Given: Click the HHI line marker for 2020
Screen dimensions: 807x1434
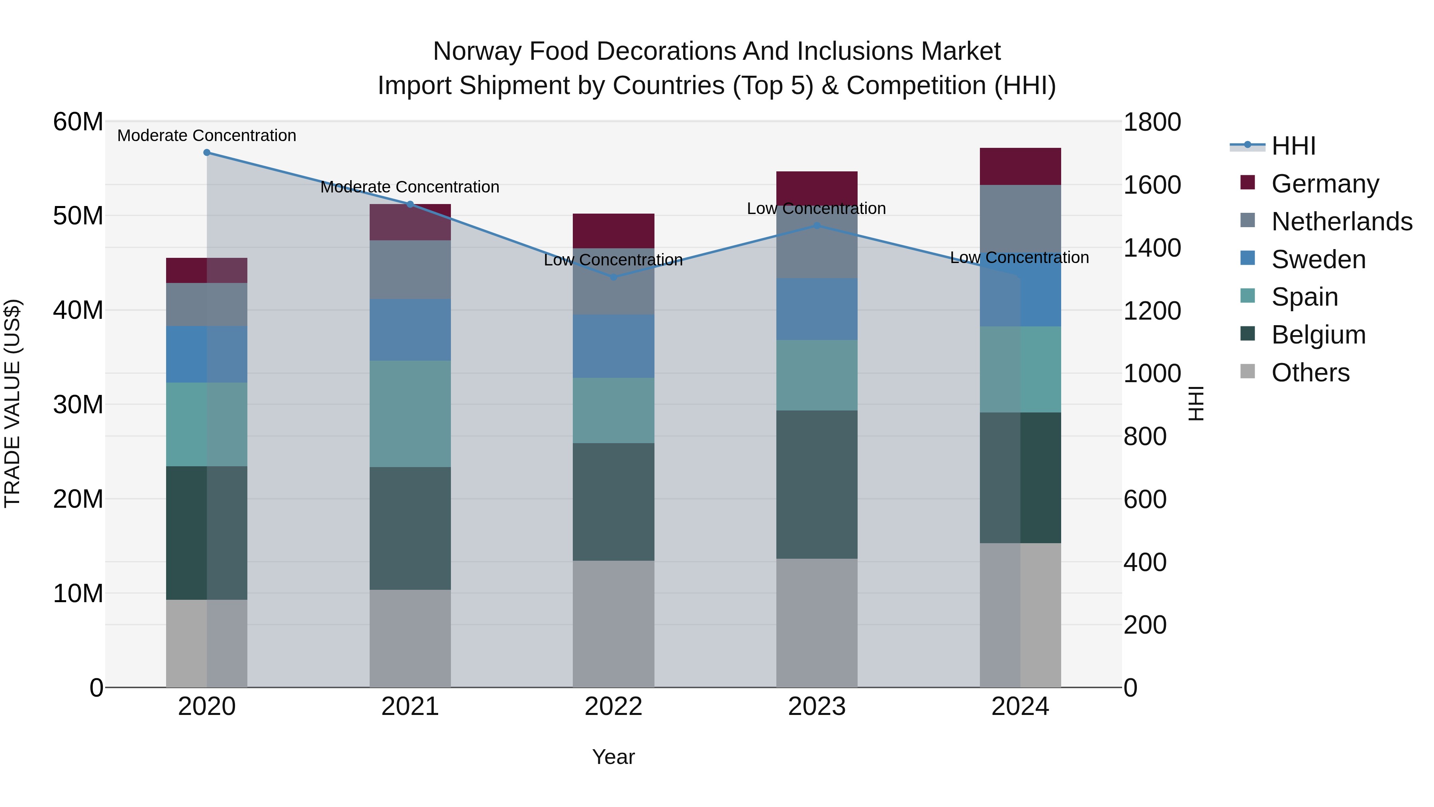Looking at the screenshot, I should coord(206,153).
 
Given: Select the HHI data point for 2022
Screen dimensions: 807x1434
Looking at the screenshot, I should coord(613,277).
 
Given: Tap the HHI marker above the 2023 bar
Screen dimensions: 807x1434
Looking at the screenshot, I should coord(817,226).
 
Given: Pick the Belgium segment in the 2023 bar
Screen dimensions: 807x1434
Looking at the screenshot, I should coord(817,485).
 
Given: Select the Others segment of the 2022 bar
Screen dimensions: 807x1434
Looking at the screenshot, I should coord(613,624).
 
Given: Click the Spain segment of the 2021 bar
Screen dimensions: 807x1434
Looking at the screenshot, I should coord(410,414).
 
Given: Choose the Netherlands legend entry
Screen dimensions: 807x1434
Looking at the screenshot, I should coord(1342,222).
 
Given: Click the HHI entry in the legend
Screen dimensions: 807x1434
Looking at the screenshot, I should coord(1293,146).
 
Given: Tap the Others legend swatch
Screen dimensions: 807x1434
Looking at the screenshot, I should coord(1248,371).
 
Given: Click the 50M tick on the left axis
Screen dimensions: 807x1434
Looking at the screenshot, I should coord(78,216).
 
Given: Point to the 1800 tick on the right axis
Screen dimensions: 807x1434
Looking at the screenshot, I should coord(1152,122).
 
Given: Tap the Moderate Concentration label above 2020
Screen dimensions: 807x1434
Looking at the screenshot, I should coord(206,135).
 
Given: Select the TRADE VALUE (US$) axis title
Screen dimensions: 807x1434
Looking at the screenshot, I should coord(12,403).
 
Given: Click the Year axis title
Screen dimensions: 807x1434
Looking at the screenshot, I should coord(613,757).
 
